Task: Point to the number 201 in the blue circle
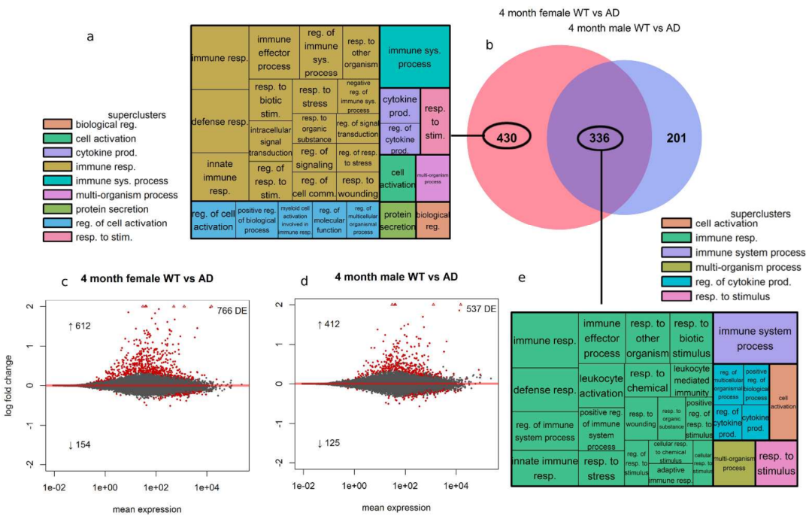tap(677, 138)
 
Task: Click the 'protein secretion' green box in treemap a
tap(397, 219)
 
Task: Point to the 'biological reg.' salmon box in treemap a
tap(432, 219)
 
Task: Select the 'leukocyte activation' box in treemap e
tap(601, 384)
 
